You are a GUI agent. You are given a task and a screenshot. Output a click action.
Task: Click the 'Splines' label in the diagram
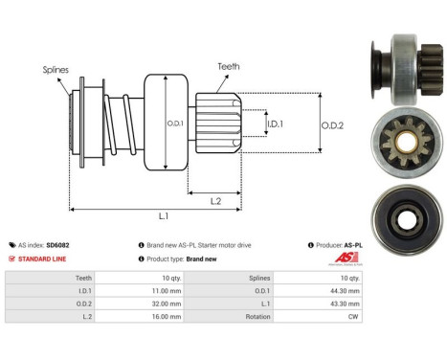click(x=56, y=70)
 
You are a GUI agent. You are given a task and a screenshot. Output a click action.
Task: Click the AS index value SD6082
click(x=85, y=245)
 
